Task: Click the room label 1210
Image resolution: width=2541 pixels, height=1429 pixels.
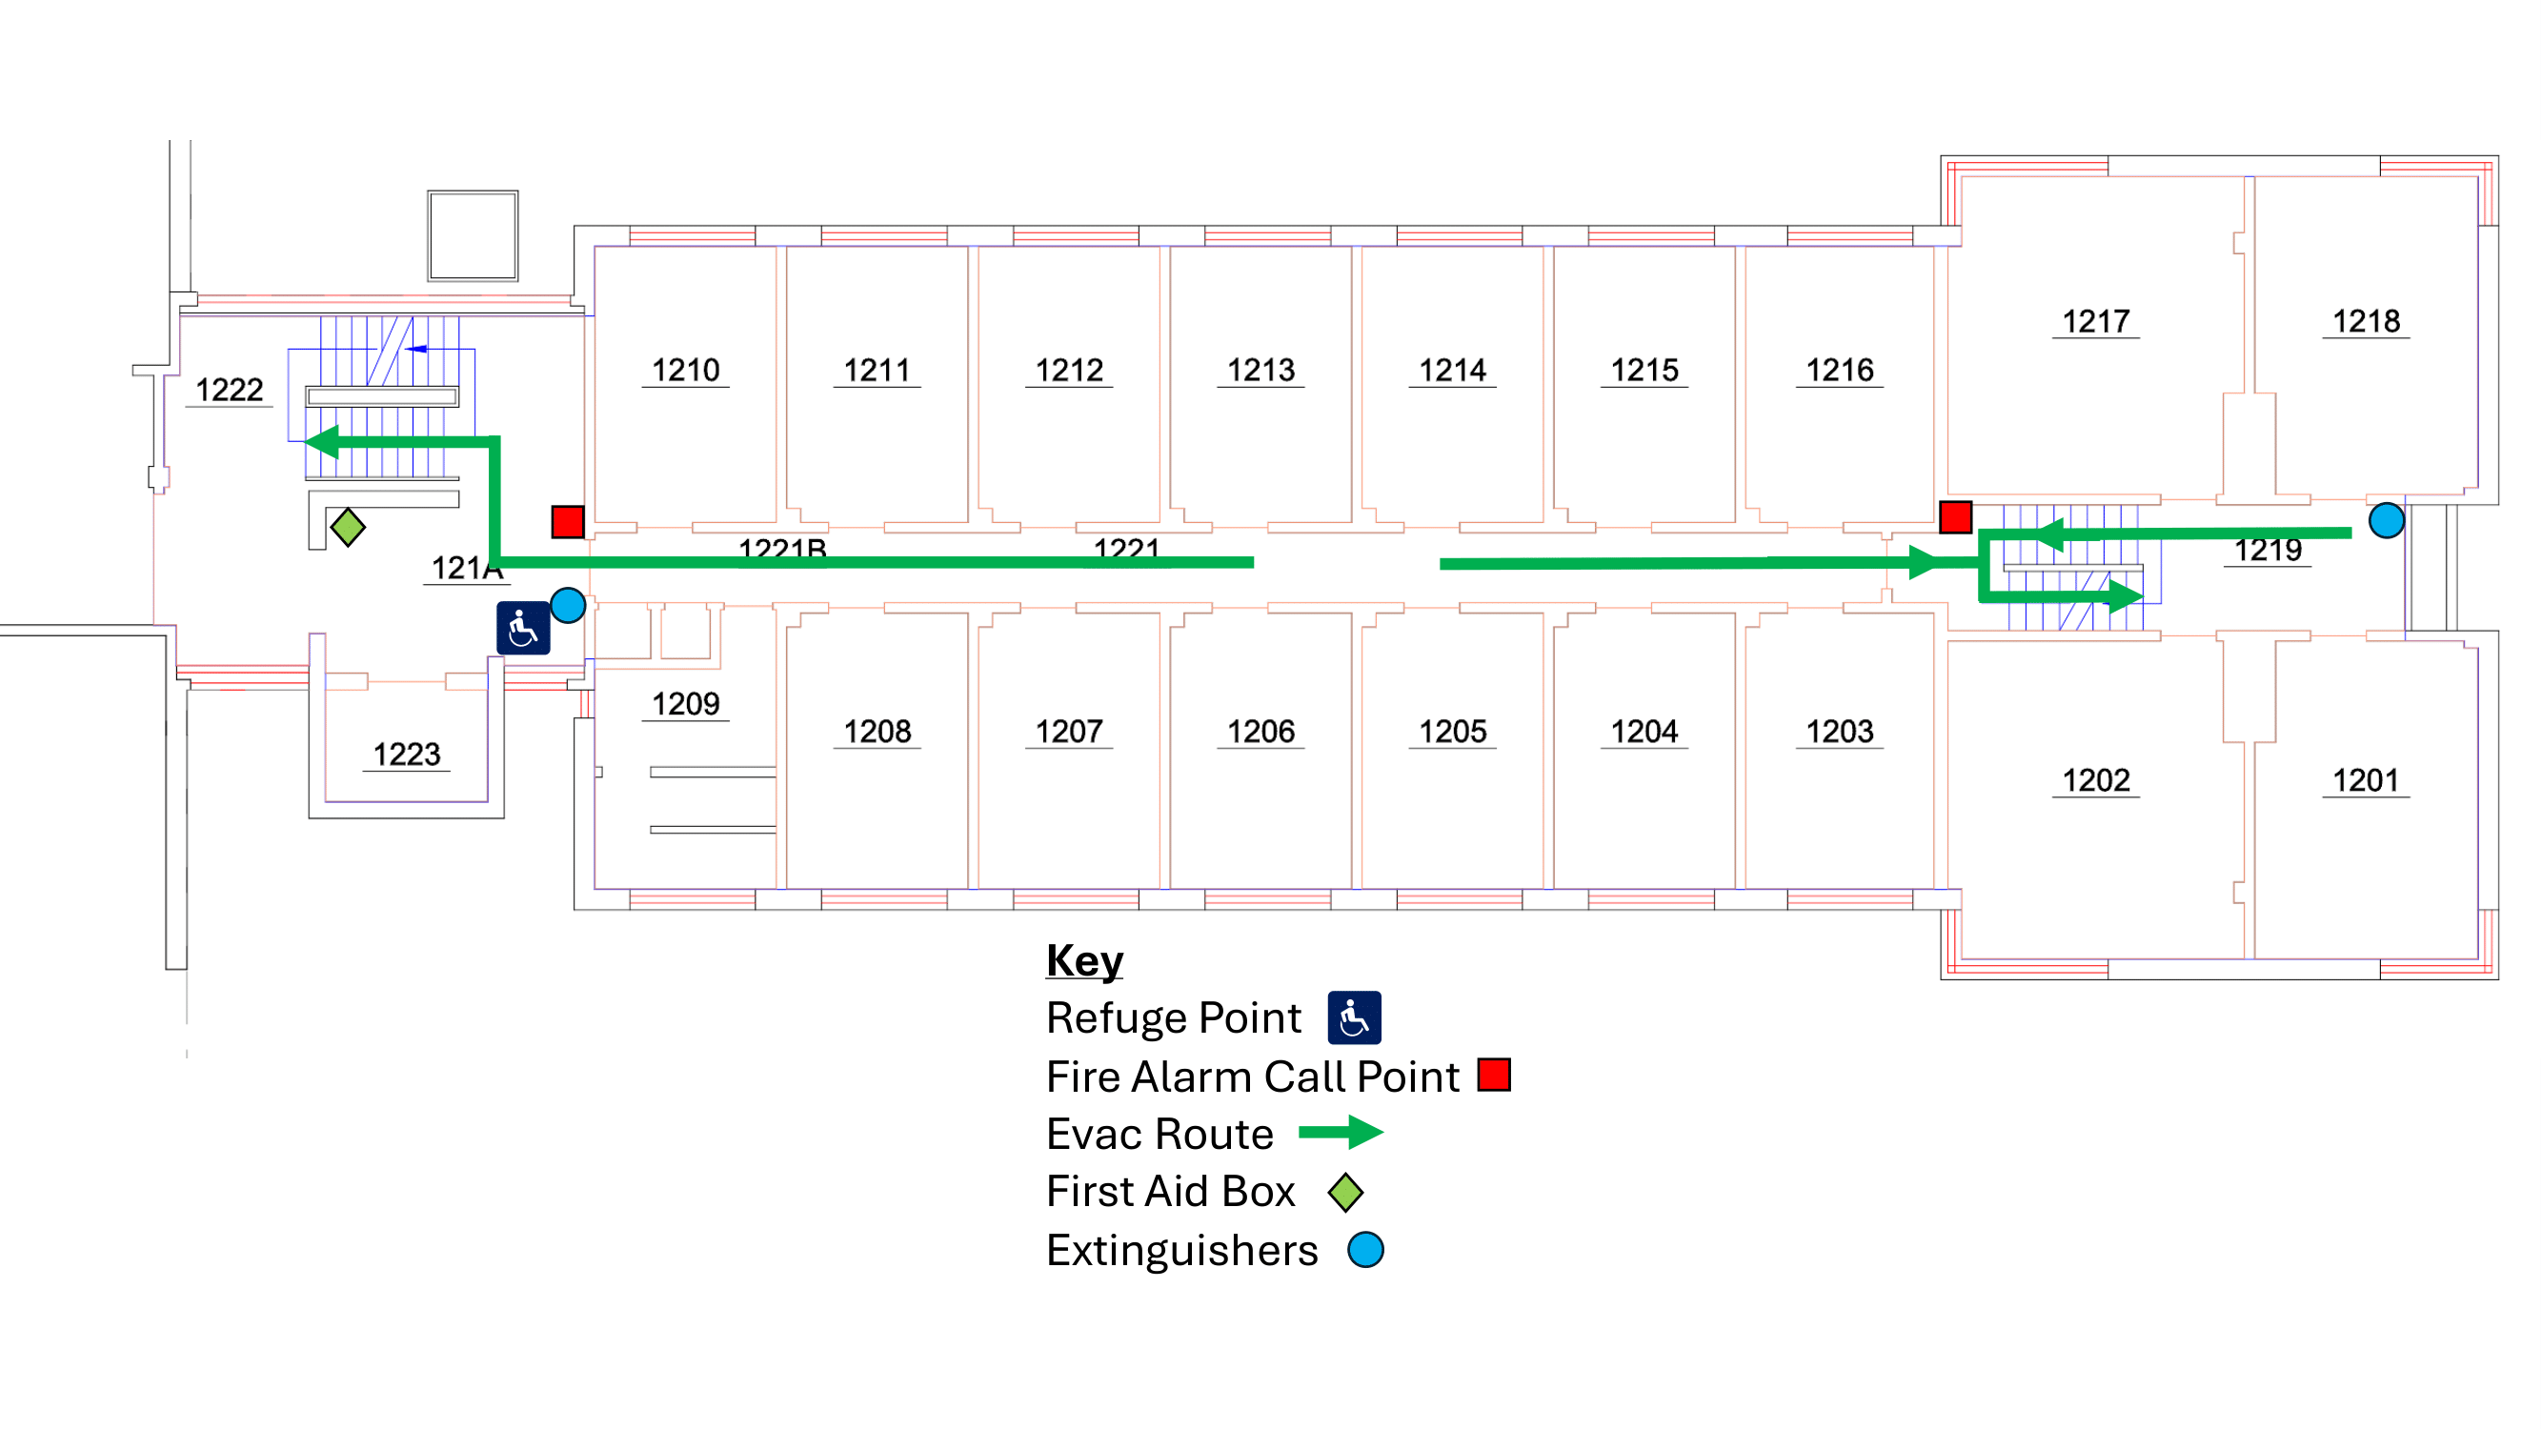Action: (x=686, y=371)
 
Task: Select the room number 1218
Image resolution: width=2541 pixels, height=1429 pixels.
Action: (x=2366, y=321)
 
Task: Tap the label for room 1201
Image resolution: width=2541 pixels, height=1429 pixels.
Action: (x=2366, y=781)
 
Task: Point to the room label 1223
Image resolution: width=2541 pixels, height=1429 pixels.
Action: (x=407, y=755)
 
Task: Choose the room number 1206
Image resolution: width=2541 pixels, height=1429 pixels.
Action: (x=1260, y=732)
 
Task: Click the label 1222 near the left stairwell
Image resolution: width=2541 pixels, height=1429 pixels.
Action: (x=229, y=391)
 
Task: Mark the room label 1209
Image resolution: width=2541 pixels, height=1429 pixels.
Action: (x=686, y=704)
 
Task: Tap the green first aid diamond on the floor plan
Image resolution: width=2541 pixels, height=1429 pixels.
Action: (x=347, y=527)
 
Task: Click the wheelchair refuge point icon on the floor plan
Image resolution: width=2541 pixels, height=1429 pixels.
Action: (x=523, y=628)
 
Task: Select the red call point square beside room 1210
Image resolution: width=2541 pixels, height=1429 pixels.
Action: (x=567, y=522)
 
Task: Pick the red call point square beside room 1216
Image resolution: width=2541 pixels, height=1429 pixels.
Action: (x=1955, y=516)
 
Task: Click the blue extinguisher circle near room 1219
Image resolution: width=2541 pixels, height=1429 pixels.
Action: (x=2385, y=520)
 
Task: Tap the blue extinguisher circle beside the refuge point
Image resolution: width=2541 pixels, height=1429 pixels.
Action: (x=567, y=605)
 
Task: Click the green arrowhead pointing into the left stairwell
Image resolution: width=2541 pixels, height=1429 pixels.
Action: (x=322, y=442)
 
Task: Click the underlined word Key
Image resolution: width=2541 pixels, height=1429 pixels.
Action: (x=1084, y=960)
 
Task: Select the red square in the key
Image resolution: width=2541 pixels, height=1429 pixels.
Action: (x=1493, y=1075)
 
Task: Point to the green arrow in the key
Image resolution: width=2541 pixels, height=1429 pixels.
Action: (x=1341, y=1132)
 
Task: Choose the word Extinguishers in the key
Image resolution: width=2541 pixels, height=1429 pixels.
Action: (x=1181, y=1251)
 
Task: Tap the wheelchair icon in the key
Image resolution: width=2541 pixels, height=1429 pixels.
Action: (x=1353, y=1017)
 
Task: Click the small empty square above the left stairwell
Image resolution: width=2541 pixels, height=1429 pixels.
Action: (x=473, y=235)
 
